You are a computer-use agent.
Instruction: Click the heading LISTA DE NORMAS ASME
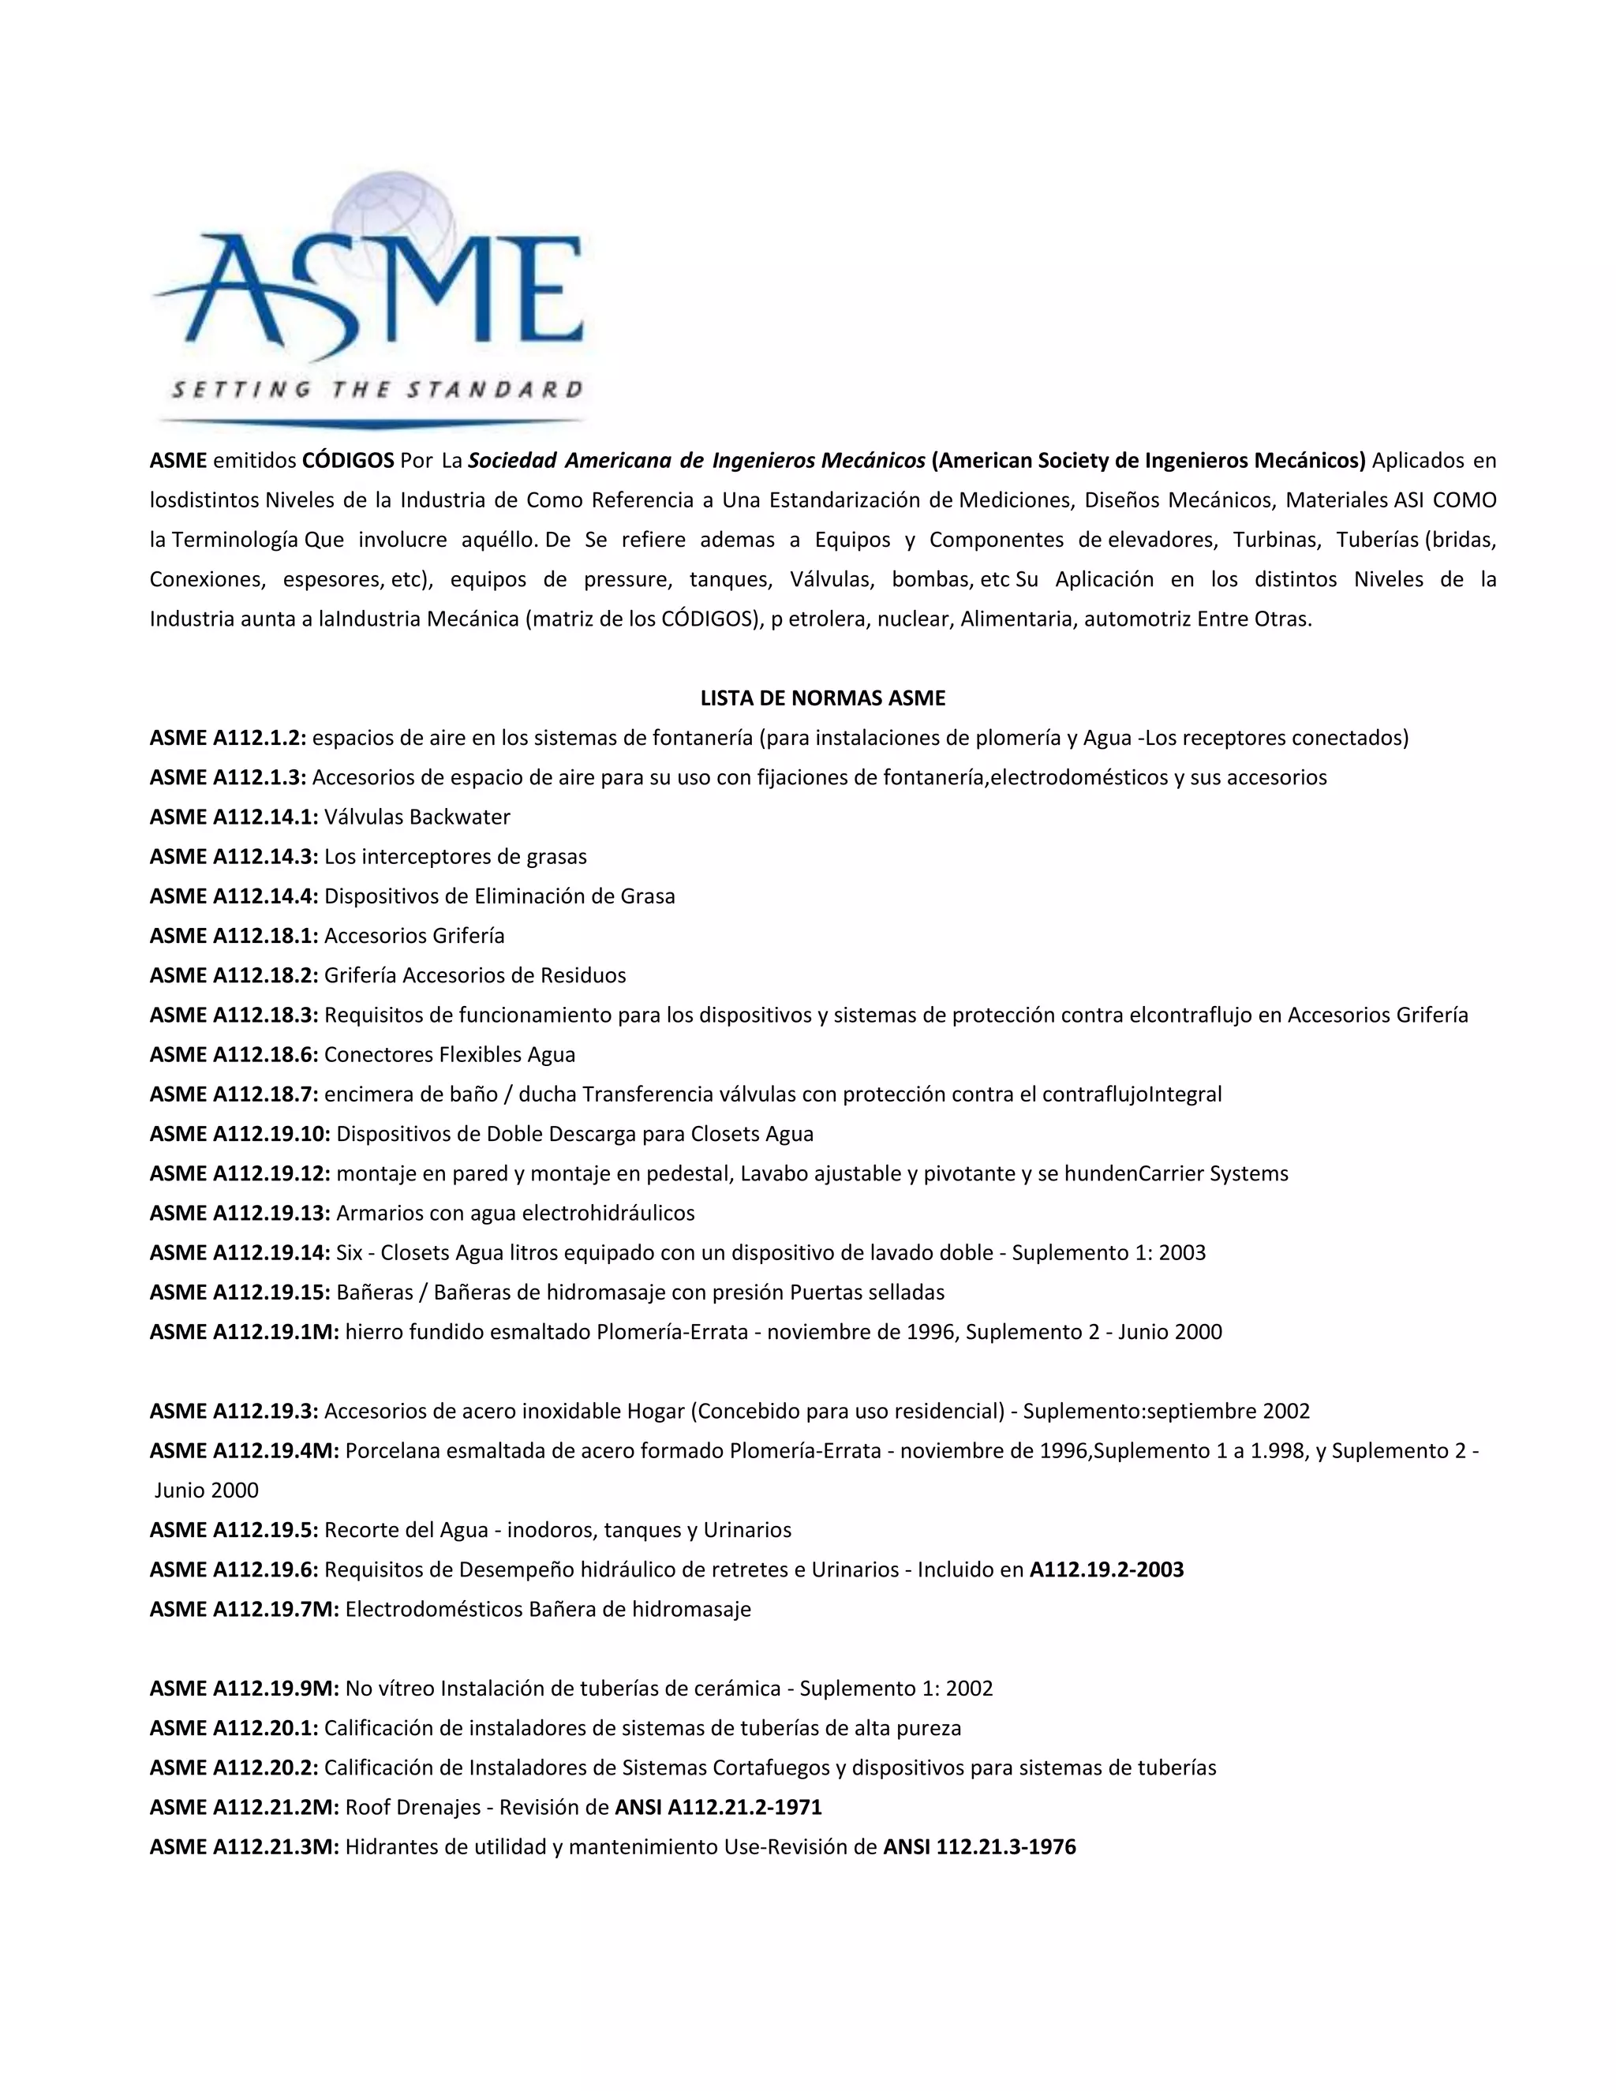click(822, 698)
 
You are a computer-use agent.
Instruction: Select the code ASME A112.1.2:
click(228, 739)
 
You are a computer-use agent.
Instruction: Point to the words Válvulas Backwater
click(417, 817)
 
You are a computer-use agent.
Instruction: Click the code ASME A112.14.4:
click(234, 896)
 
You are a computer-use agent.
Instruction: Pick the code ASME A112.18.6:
click(234, 1054)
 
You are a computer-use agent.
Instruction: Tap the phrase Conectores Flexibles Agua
click(449, 1054)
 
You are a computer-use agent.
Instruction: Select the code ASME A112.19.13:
click(239, 1213)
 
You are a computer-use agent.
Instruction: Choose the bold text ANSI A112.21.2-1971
click(718, 1807)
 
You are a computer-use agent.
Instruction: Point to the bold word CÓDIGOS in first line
click(347, 461)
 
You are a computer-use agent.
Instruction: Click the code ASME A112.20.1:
click(234, 1728)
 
